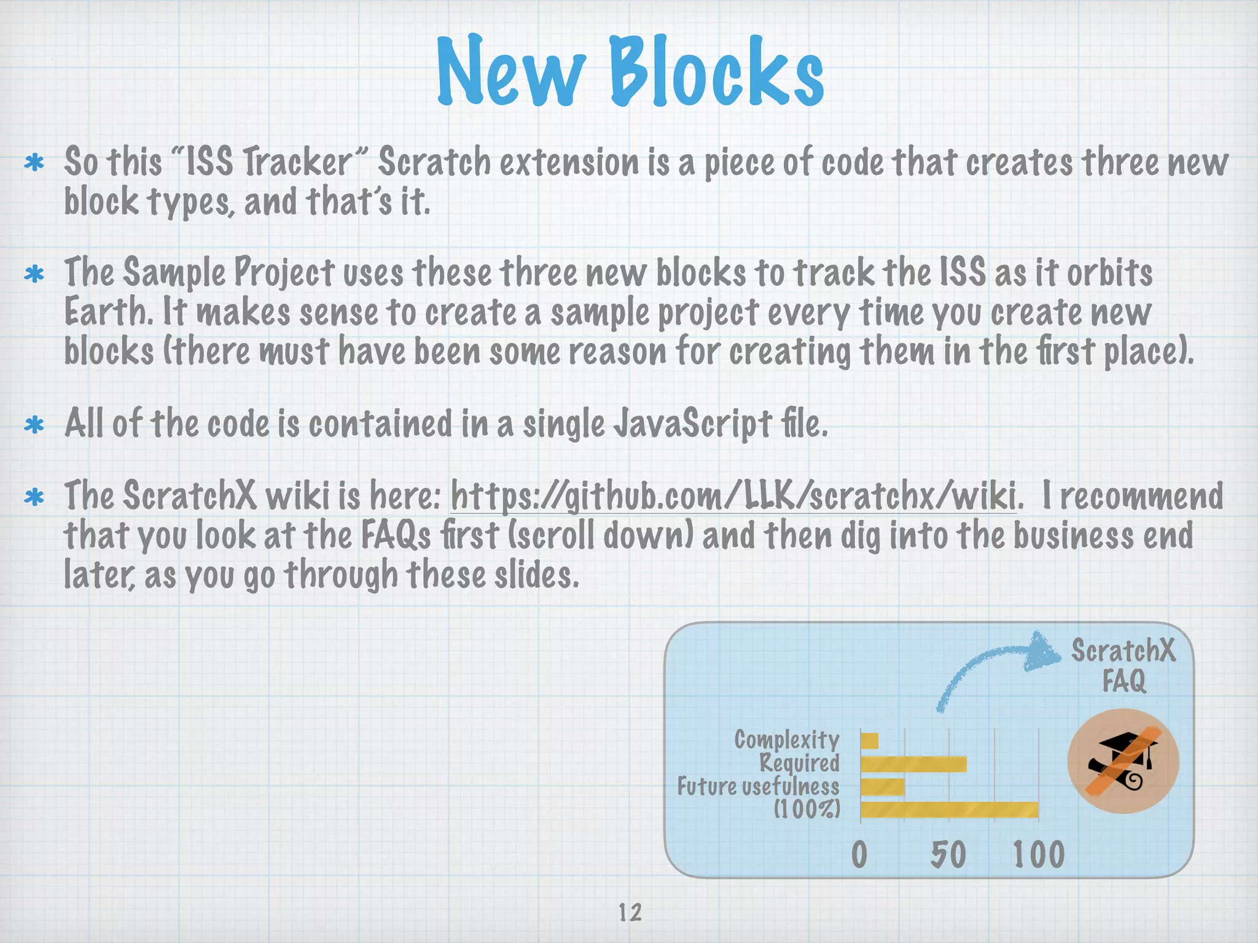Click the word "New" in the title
click(x=511, y=72)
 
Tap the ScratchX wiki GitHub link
click(x=735, y=497)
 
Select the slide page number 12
click(x=630, y=913)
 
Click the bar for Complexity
click(x=870, y=742)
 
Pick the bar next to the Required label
click(x=913, y=764)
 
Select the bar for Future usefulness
click(x=883, y=787)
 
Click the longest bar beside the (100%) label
click(x=949, y=810)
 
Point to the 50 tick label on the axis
click(x=948, y=855)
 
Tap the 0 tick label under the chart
click(x=859, y=855)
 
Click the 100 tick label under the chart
click(x=1039, y=855)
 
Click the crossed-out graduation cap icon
click(x=1123, y=761)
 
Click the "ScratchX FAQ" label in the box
click(x=1123, y=666)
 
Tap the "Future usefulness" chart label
click(x=758, y=787)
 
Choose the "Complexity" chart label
click(x=787, y=740)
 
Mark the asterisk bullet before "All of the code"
click(x=34, y=425)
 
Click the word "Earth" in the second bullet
click(x=108, y=312)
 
